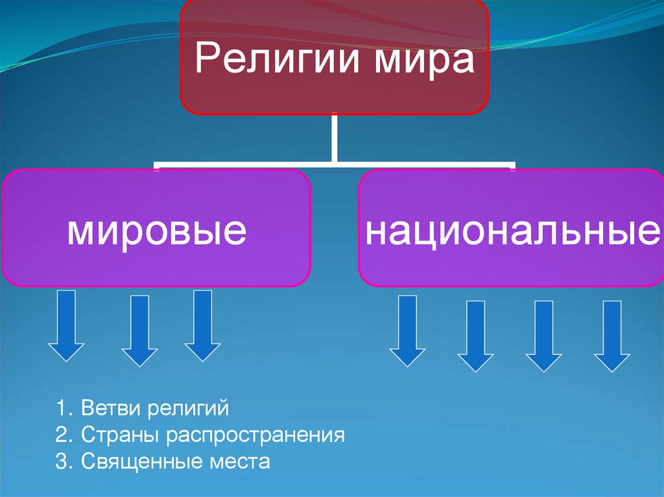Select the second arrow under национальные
(476, 336)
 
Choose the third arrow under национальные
(543, 336)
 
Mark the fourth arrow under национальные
(612, 336)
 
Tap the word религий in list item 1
(188, 410)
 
